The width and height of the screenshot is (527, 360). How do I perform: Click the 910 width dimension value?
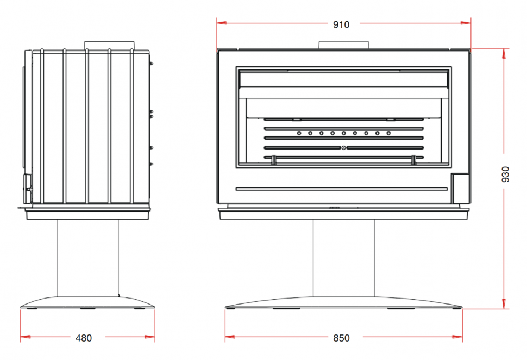click(342, 24)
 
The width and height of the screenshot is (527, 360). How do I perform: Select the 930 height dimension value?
click(506, 174)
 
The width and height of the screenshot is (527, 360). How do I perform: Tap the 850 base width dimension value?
click(341, 338)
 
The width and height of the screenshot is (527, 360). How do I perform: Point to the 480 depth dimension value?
click(83, 338)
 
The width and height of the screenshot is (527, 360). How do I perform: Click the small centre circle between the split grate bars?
click(343, 147)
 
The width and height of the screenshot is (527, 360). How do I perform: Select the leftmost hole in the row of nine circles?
click(299, 133)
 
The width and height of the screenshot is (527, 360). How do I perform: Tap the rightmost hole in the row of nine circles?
click(388, 133)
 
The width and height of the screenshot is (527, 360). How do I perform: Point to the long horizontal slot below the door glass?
click(342, 189)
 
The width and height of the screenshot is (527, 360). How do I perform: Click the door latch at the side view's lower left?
click(27, 185)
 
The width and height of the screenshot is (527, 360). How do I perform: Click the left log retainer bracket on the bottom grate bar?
click(274, 159)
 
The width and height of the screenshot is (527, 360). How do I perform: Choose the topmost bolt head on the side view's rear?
click(152, 64)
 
